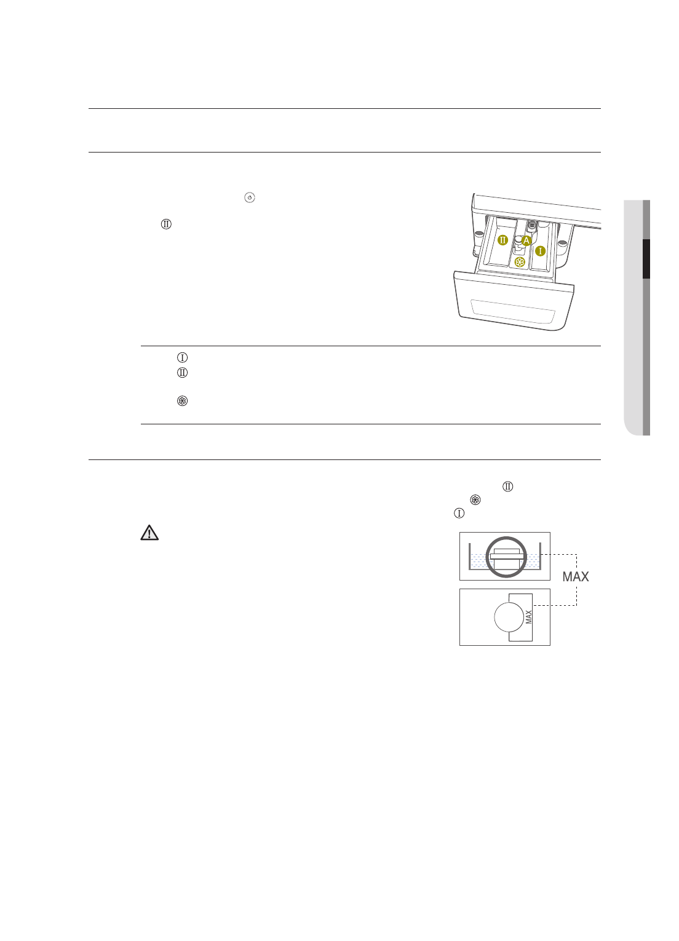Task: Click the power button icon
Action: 249,197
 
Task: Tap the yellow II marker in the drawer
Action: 502,240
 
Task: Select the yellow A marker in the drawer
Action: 526,241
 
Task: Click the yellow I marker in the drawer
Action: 540,251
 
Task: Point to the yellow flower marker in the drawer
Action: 520,263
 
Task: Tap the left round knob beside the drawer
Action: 477,234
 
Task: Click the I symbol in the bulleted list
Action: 182,357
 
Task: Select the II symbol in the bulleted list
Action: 182,373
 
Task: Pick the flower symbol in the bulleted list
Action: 182,401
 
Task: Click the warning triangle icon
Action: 149,533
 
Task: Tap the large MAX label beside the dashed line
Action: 576,577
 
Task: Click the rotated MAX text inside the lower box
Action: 528,617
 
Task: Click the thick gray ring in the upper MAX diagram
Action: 506,557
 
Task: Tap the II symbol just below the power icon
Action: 165,224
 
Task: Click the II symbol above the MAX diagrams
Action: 508,486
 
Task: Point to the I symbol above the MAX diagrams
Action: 459,513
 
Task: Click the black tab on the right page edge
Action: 646,259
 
